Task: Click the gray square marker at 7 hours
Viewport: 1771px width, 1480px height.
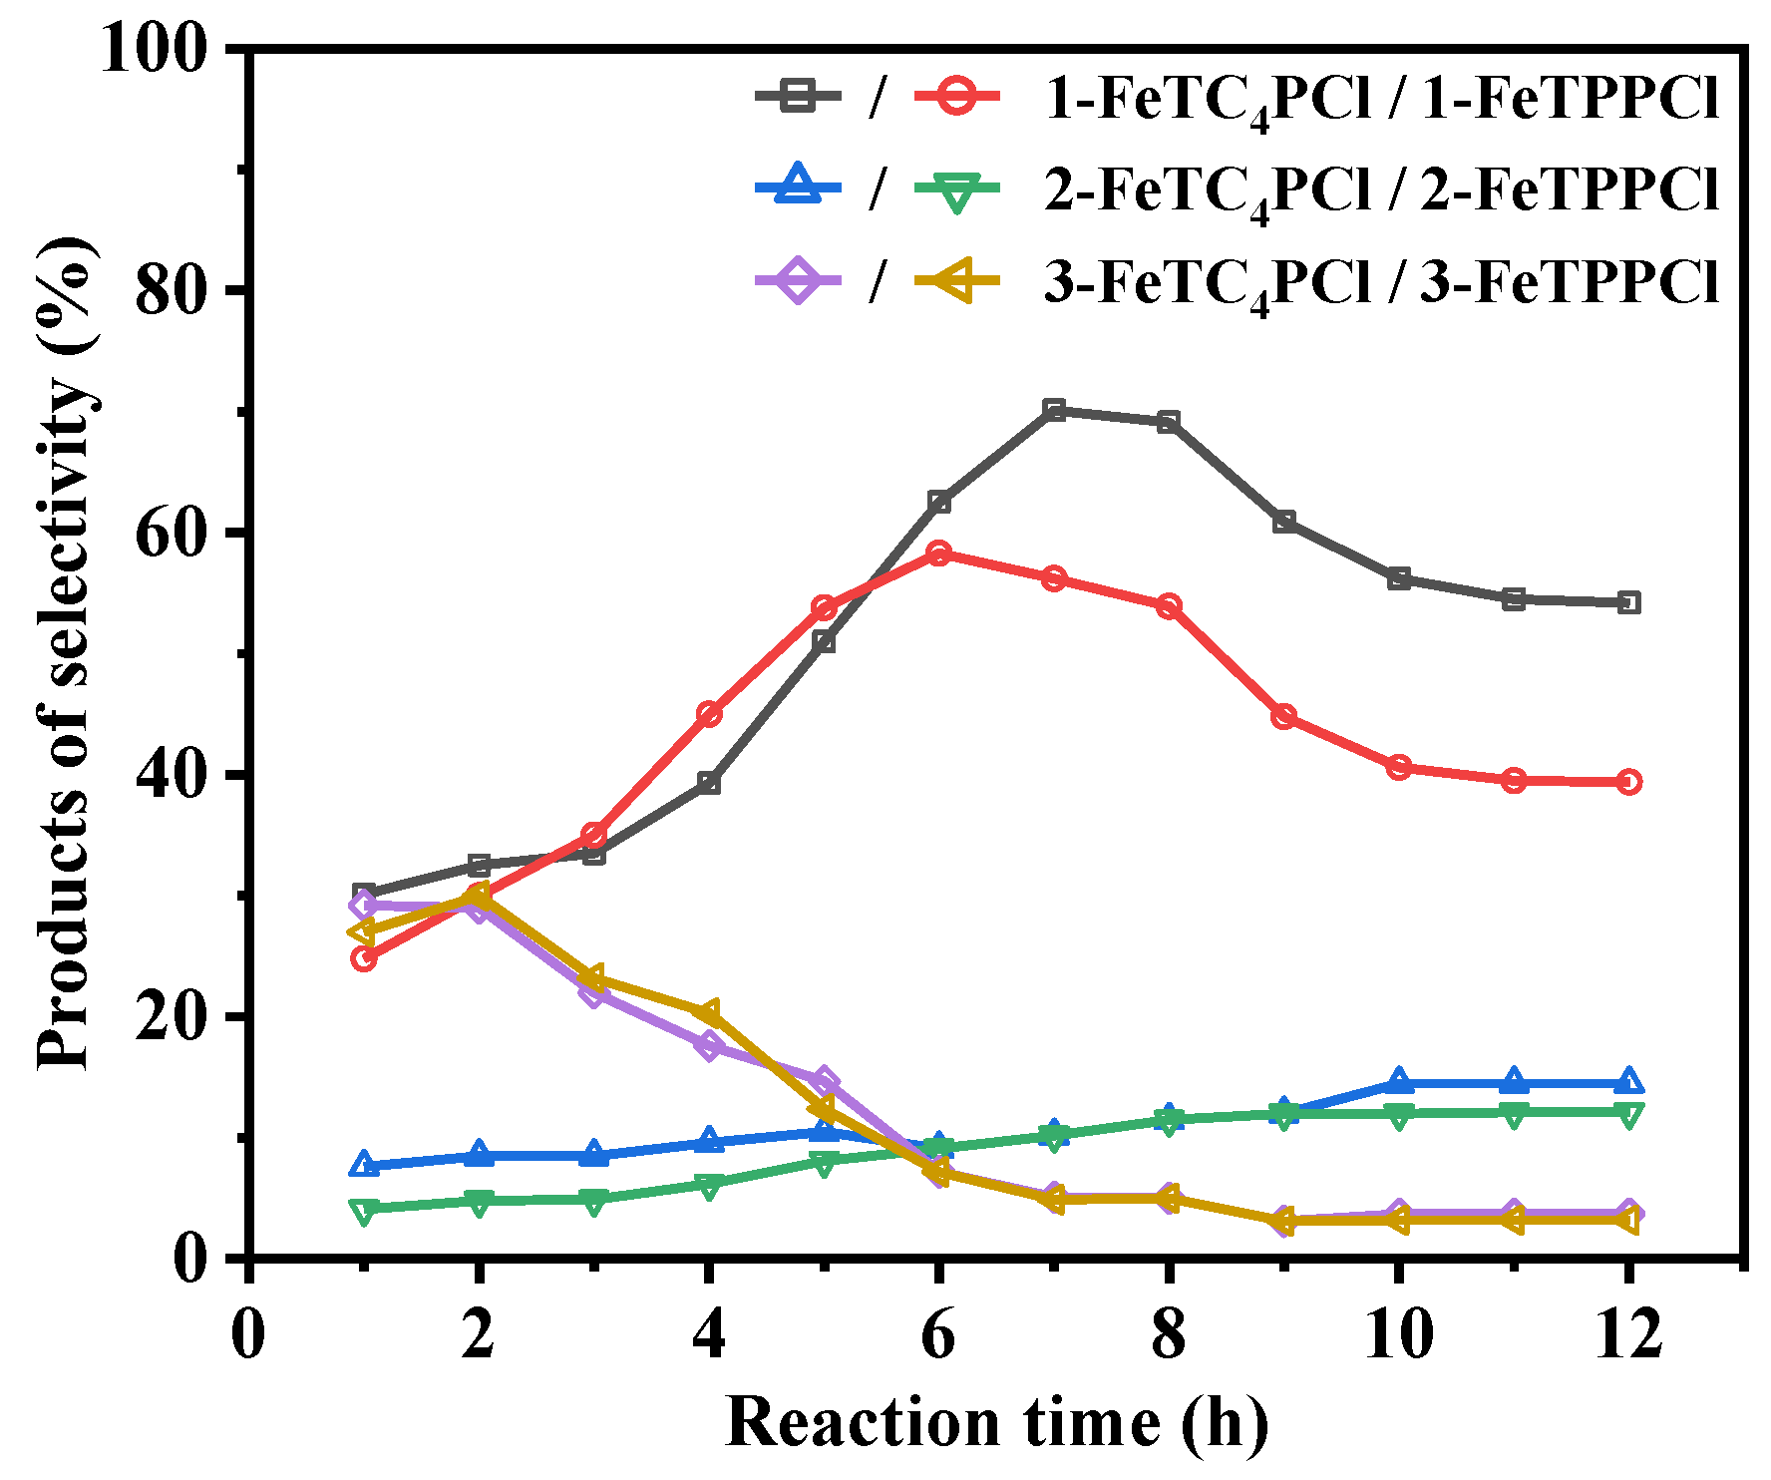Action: click(x=1054, y=410)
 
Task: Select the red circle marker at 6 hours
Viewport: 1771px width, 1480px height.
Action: click(x=938, y=553)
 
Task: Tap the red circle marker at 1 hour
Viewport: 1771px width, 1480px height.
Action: click(x=364, y=958)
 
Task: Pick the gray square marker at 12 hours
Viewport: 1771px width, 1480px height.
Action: click(x=1628, y=602)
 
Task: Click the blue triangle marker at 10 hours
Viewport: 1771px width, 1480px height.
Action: click(x=1399, y=1081)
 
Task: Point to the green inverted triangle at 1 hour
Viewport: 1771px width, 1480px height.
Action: click(x=364, y=1211)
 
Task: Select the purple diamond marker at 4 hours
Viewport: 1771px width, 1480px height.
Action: click(x=709, y=1045)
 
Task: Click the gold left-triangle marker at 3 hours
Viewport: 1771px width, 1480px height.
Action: click(x=592, y=978)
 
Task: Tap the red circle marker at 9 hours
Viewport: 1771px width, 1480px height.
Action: click(x=1284, y=716)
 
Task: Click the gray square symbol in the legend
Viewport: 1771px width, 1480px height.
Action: click(x=798, y=97)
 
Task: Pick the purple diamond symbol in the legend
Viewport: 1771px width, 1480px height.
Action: click(x=798, y=280)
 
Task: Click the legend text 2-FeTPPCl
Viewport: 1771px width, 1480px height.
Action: click(x=1572, y=188)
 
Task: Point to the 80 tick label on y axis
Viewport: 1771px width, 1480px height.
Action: click(x=173, y=290)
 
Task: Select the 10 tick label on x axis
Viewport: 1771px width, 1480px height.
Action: click(x=1398, y=1333)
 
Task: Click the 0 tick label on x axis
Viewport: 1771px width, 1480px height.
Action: click(x=248, y=1333)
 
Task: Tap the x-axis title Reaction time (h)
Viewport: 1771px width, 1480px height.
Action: click(x=997, y=1422)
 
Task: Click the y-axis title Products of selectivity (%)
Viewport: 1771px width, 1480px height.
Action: click(x=66, y=653)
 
